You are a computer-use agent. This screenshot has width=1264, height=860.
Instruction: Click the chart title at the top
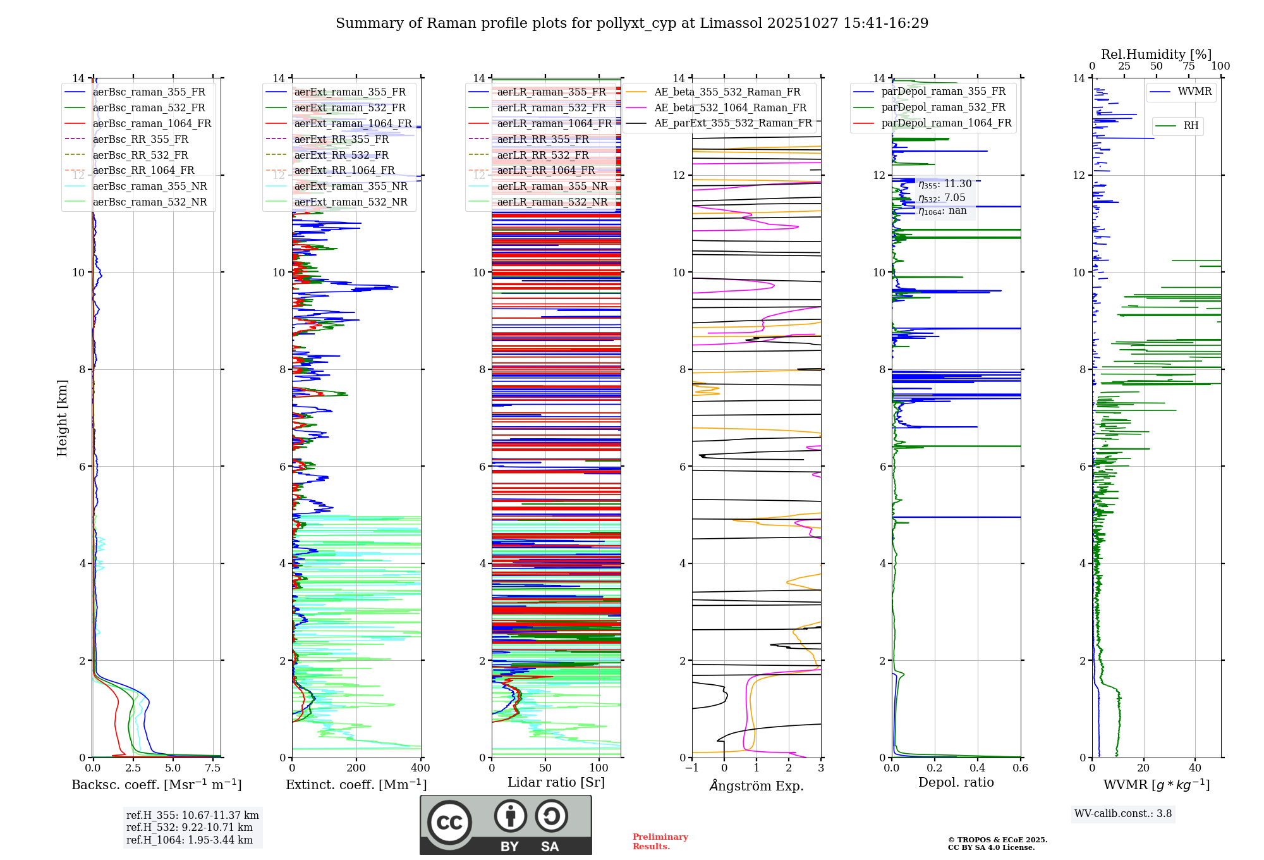coord(632,23)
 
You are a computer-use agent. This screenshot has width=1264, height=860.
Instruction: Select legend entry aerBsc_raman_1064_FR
coord(152,123)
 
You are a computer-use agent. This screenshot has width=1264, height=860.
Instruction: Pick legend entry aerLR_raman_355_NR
coord(552,186)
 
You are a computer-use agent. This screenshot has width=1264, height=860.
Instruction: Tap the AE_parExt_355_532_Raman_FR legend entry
coord(732,123)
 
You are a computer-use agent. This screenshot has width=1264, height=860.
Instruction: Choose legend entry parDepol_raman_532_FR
coord(943,107)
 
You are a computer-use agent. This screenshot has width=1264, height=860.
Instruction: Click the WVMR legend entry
coord(1194,92)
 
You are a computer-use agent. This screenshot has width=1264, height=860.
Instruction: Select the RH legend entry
coord(1191,126)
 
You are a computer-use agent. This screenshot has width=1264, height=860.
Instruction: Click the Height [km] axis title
coord(62,417)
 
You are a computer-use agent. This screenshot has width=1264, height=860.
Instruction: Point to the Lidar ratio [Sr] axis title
coord(556,782)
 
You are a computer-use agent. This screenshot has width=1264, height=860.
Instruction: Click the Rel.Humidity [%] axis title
coord(1156,54)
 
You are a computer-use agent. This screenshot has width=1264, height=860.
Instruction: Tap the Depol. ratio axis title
coord(956,782)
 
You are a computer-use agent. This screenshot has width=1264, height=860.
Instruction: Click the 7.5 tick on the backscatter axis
coord(213,768)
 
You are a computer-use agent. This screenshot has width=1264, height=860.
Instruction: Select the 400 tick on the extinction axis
coord(420,768)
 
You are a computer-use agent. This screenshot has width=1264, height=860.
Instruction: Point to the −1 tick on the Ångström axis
coord(692,768)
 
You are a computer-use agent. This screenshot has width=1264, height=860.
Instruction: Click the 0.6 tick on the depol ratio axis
coord(1020,768)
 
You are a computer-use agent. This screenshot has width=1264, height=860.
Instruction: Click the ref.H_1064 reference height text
coord(189,840)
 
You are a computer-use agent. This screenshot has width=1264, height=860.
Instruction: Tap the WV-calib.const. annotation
coord(1122,814)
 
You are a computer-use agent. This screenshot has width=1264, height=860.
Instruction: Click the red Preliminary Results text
coord(660,842)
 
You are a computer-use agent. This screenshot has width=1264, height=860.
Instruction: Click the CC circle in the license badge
coord(449,823)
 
